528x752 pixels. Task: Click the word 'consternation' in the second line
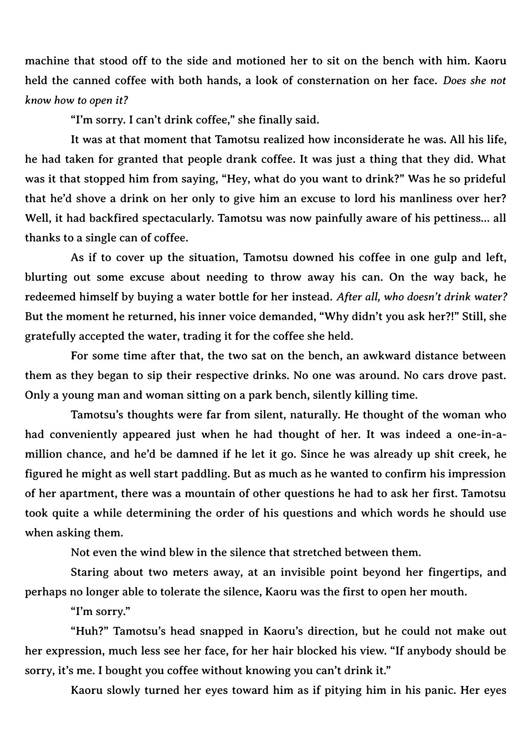point(330,81)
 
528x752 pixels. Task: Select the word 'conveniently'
point(83,435)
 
